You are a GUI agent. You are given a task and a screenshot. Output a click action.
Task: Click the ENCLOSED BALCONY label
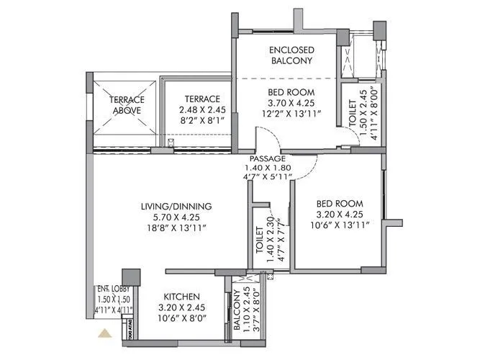click(x=290, y=55)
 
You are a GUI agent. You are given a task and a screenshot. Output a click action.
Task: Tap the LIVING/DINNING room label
click(x=176, y=207)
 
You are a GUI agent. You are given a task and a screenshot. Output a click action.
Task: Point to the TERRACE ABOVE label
click(x=127, y=105)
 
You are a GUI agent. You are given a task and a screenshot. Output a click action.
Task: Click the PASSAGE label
click(x=268, y=158)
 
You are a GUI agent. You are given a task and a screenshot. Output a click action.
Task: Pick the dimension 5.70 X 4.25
click(x=176, y=217)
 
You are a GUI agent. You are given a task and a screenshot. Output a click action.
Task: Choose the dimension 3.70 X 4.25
click(x=290, y=103)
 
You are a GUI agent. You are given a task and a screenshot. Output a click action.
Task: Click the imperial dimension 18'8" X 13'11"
click(x=176, y=228)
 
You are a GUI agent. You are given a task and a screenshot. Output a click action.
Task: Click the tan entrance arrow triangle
click(x=105, y=333)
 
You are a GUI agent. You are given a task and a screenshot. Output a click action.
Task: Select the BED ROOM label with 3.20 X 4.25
click(x=339, y=204)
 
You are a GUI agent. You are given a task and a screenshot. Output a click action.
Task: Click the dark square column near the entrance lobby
click(x=131, y=279)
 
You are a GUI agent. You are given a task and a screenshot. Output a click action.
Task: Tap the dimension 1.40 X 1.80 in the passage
click(x=268, y=168)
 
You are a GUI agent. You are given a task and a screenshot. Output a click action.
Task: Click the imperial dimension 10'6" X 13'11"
click(x=339, y=225)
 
